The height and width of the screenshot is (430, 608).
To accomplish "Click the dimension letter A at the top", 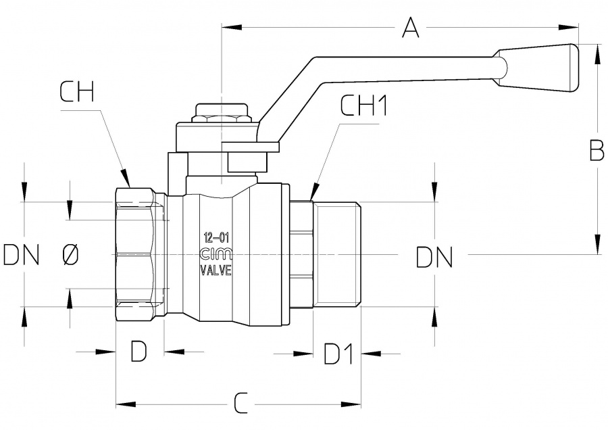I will click(411, 28).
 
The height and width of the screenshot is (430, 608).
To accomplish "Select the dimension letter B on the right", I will click(597, 151).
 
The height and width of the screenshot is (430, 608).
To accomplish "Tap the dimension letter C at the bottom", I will click(240, 404).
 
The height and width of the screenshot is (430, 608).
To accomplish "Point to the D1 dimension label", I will click(338, 353).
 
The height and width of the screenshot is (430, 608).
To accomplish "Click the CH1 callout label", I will click(364, 106).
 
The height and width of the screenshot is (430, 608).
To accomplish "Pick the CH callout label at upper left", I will click(76, 92).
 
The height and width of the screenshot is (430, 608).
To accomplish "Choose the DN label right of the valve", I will click(434, 258).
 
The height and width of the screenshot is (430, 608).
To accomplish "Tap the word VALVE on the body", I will click(216, 270).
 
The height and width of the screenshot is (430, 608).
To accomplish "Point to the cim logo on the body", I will click(216, 254).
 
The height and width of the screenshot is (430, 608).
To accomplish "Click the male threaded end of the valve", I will click(338, 255).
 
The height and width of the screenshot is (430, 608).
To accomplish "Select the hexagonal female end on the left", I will click(135, 255).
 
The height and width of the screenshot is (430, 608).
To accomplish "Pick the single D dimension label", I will click(138, 352).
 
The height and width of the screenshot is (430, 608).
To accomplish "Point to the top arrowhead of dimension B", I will click(597, 51).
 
